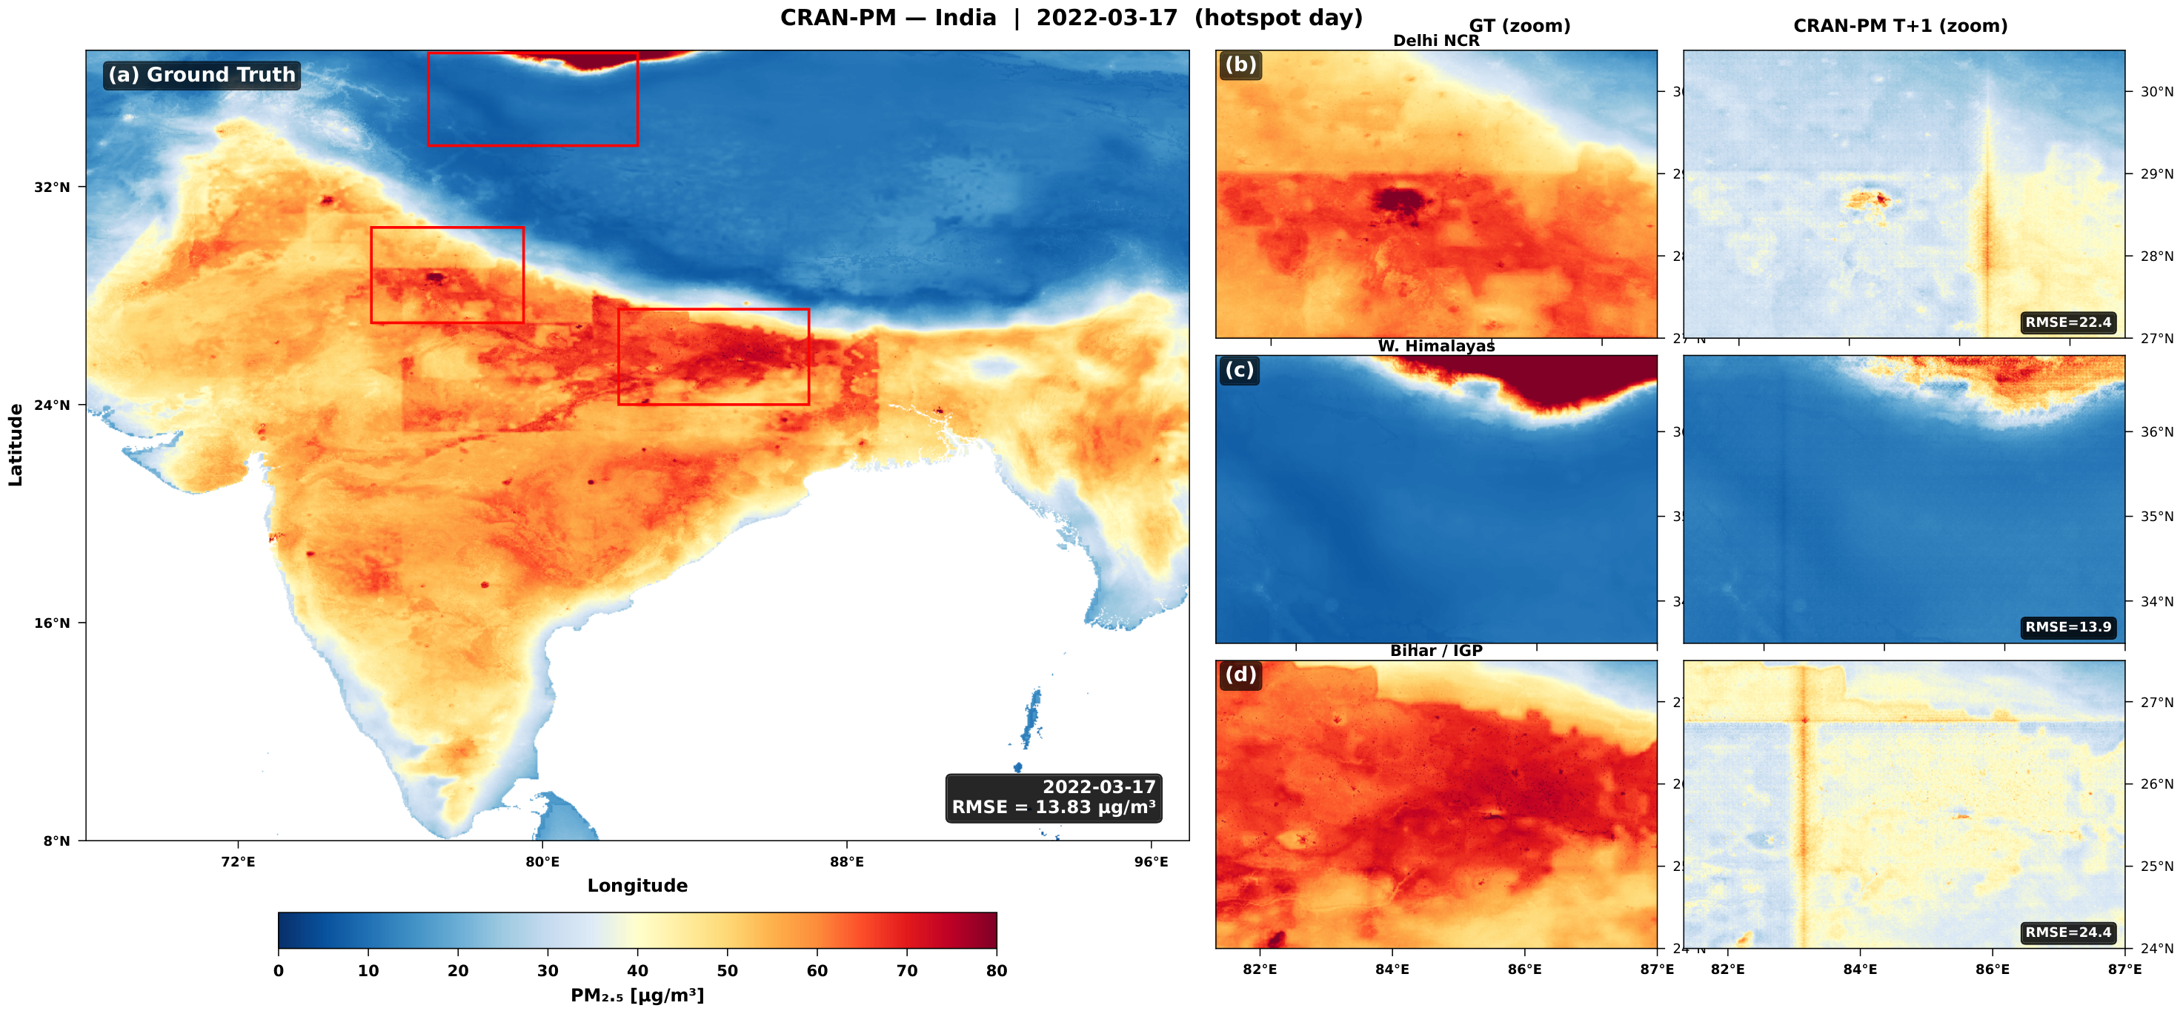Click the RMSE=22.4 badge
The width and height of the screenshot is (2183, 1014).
[2067, 322]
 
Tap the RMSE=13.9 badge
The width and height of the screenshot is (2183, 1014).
[2067, 627]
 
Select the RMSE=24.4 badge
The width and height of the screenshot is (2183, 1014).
[2067, 932]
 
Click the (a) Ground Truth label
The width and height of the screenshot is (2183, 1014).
[202, 75]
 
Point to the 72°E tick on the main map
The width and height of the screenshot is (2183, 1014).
[238, 861]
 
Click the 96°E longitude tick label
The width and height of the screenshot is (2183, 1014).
[1151, 861]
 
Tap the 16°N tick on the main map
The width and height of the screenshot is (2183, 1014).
[53, 623]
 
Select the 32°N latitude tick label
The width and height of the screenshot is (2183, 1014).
[53, 187]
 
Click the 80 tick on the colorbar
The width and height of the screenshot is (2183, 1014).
[997, 971]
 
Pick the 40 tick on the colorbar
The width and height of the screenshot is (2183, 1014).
[637, 971]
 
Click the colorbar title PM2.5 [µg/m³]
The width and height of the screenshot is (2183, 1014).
[637, 995]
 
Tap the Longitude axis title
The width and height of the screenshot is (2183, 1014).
[637, 886]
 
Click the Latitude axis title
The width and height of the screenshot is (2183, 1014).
[16, 445]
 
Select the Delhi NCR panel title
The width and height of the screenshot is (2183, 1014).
[1435, 41]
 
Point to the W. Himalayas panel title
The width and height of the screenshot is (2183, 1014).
[1435, 346]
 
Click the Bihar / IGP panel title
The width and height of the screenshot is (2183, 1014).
[1435, 651]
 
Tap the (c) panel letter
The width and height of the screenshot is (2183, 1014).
[1239, 370]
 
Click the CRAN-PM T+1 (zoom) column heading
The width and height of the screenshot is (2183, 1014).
[1900, 26]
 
